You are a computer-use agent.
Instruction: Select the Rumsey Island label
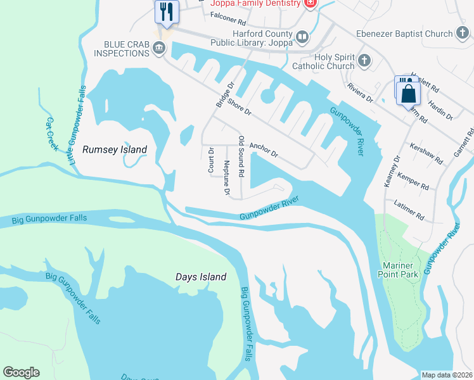point(115,149)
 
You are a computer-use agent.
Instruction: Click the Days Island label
point(201,277)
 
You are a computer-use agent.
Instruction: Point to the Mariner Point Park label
point(400,270)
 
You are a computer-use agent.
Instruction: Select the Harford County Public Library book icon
point(302,37)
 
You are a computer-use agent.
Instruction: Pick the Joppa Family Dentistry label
point(255,3)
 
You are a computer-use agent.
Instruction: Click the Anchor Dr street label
point(264,149)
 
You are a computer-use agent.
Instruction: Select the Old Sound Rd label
point(241,155)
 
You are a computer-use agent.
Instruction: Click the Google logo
point(21,372)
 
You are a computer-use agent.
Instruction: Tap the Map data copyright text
point(447,375)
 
